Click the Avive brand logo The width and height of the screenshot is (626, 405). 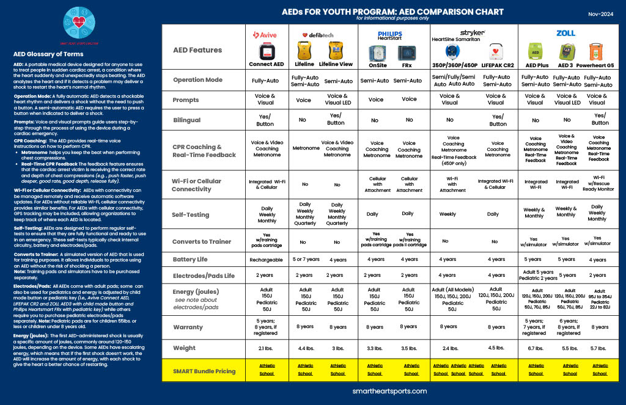click(x=265, y=35)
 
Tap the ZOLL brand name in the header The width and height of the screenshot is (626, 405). click(x=565, y=33)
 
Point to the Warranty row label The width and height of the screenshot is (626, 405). click(x=188, y=327)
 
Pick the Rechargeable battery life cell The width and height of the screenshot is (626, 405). click(x=266, y=260)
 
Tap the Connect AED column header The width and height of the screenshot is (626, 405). click(x=266, y=64)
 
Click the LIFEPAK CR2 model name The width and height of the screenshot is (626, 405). click(x=496, y=64)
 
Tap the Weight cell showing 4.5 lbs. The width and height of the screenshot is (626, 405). click(x=496, y=348)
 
